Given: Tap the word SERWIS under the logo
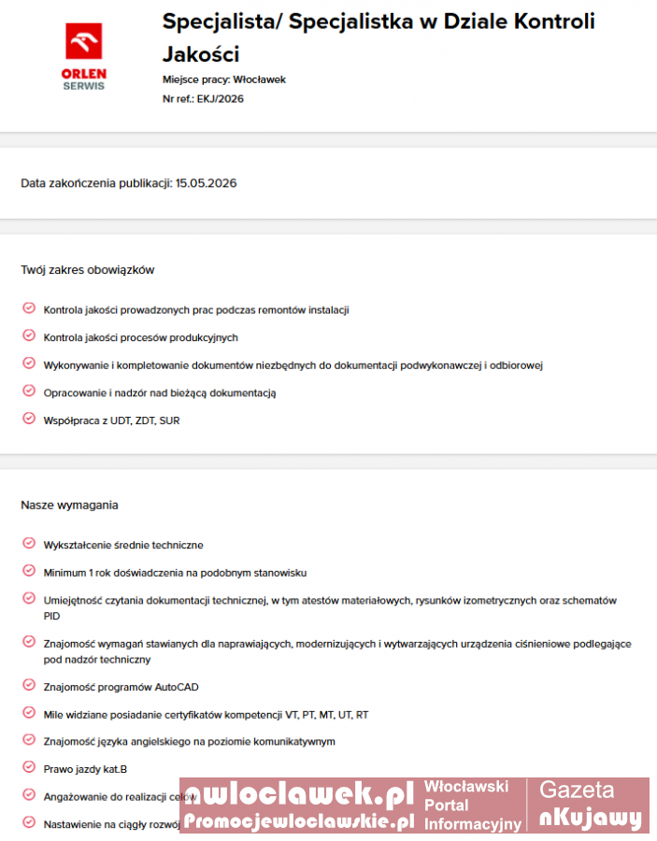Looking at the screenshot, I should (84, 86).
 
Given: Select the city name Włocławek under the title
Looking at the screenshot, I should (260, 79).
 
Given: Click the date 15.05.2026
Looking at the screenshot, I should (206, 183).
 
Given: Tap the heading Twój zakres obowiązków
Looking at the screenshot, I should (87, 270).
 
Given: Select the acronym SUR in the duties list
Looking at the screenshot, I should (169, 420).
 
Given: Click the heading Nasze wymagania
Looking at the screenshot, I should (69, 506).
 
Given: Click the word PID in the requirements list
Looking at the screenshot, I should (52, 617).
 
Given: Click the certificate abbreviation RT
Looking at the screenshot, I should (362, 715).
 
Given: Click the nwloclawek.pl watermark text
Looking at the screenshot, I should (297, 795).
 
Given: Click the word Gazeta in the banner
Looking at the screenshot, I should (577, 791).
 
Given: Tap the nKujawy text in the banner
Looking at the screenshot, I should (591, 819).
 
